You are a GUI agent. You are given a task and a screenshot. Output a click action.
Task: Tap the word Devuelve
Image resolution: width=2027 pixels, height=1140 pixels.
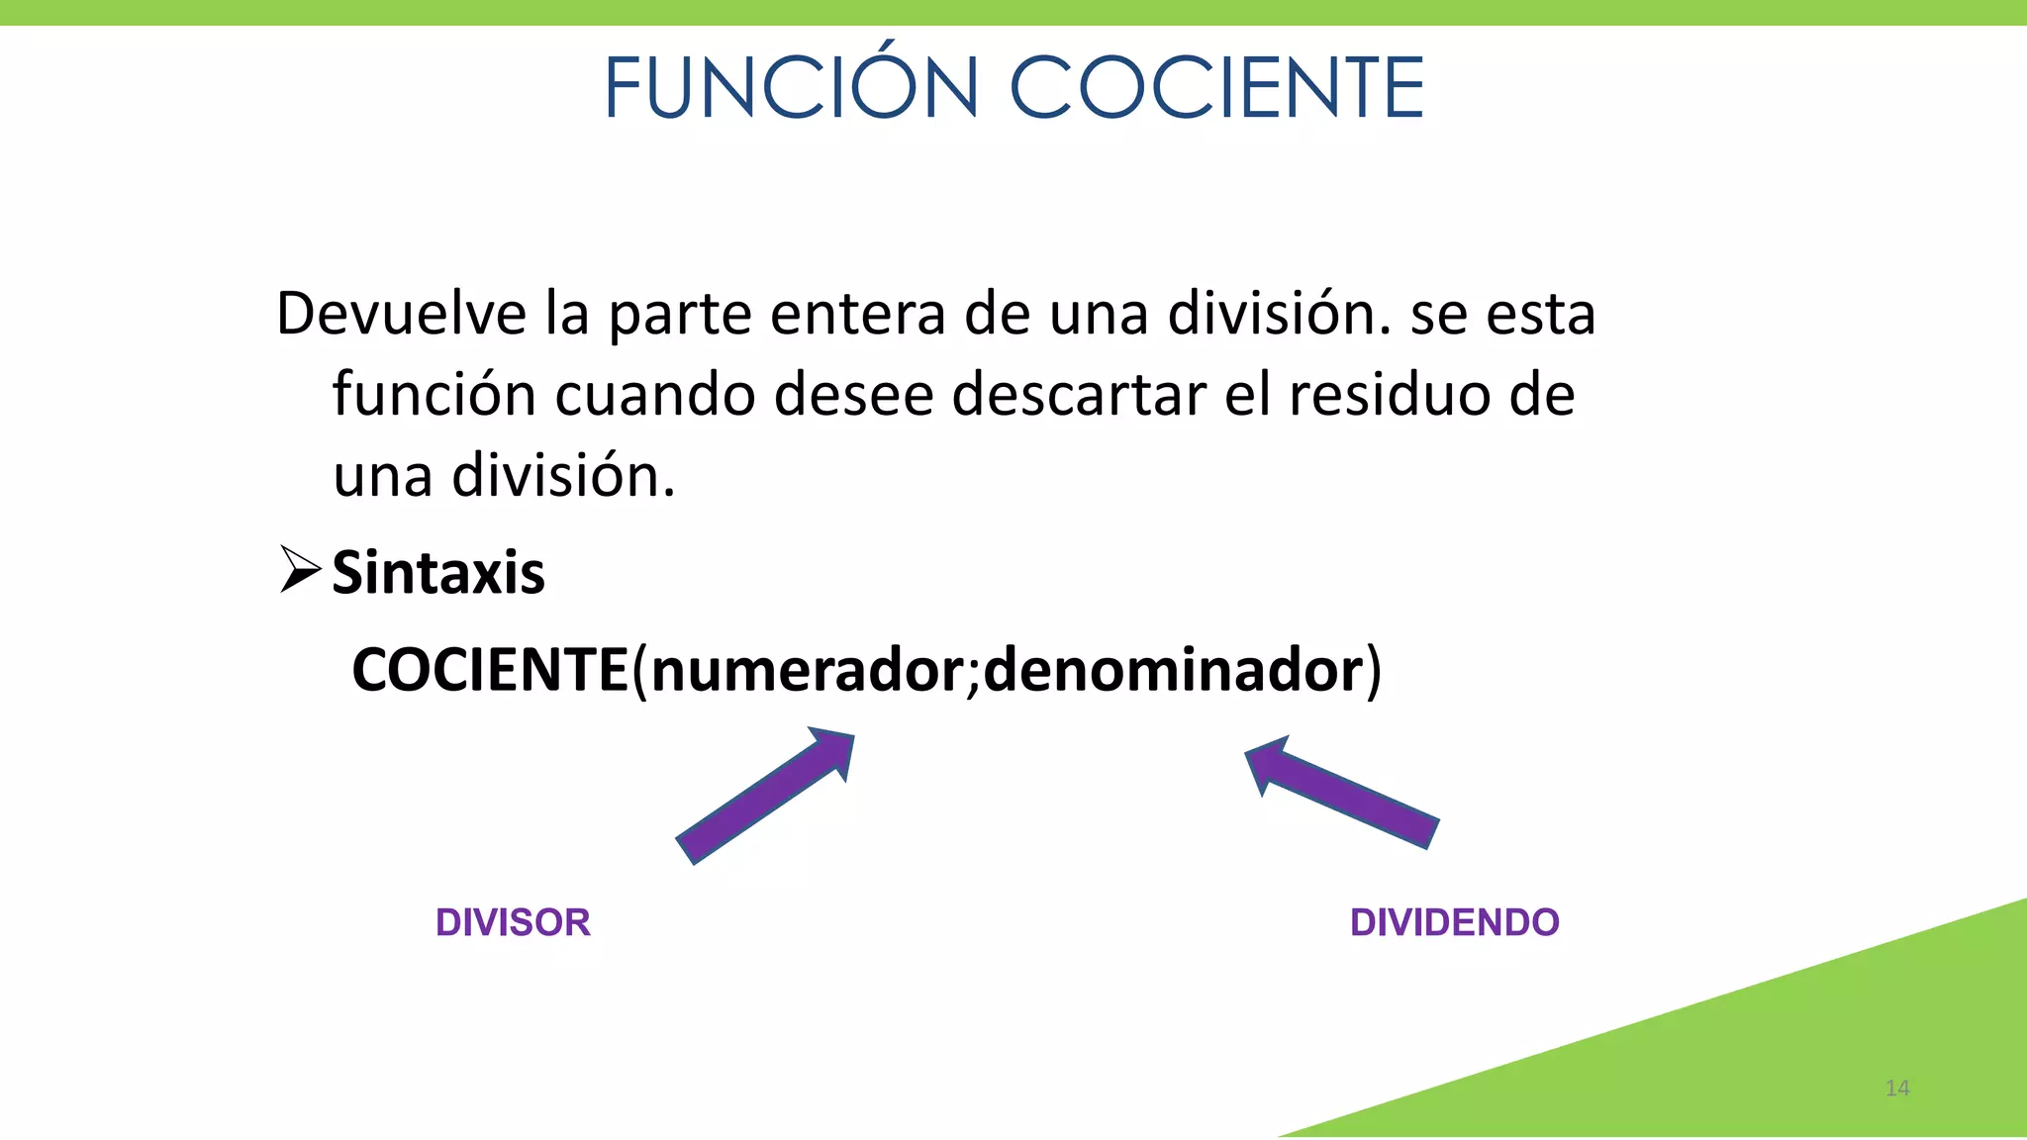click(401, 314)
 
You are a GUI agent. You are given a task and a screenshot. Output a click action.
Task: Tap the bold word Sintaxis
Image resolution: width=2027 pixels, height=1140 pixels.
click(438, 573)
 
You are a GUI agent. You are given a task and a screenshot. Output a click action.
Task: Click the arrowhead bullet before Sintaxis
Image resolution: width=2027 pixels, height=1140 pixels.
click(300, 569)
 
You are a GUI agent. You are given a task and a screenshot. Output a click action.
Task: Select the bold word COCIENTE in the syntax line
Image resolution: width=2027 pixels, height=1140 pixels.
click(490, 670)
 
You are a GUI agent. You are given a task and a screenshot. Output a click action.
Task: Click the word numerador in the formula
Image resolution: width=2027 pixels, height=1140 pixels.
click(807, 670)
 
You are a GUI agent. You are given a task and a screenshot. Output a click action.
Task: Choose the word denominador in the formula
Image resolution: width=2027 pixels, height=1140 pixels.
click(1174, 670)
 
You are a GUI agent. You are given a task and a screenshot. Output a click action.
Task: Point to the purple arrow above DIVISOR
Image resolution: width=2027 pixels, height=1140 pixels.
click(765, 796)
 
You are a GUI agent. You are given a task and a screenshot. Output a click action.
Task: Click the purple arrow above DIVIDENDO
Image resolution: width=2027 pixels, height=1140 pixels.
click(1341, 792)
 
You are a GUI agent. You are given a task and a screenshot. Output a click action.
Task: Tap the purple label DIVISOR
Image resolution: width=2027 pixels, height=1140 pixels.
click(513, 922)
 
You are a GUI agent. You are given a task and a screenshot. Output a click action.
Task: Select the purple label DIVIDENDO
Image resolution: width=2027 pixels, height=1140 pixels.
click(1454, 922)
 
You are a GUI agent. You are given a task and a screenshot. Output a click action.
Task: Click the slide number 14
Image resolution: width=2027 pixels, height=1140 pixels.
click(1897, 1089)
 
